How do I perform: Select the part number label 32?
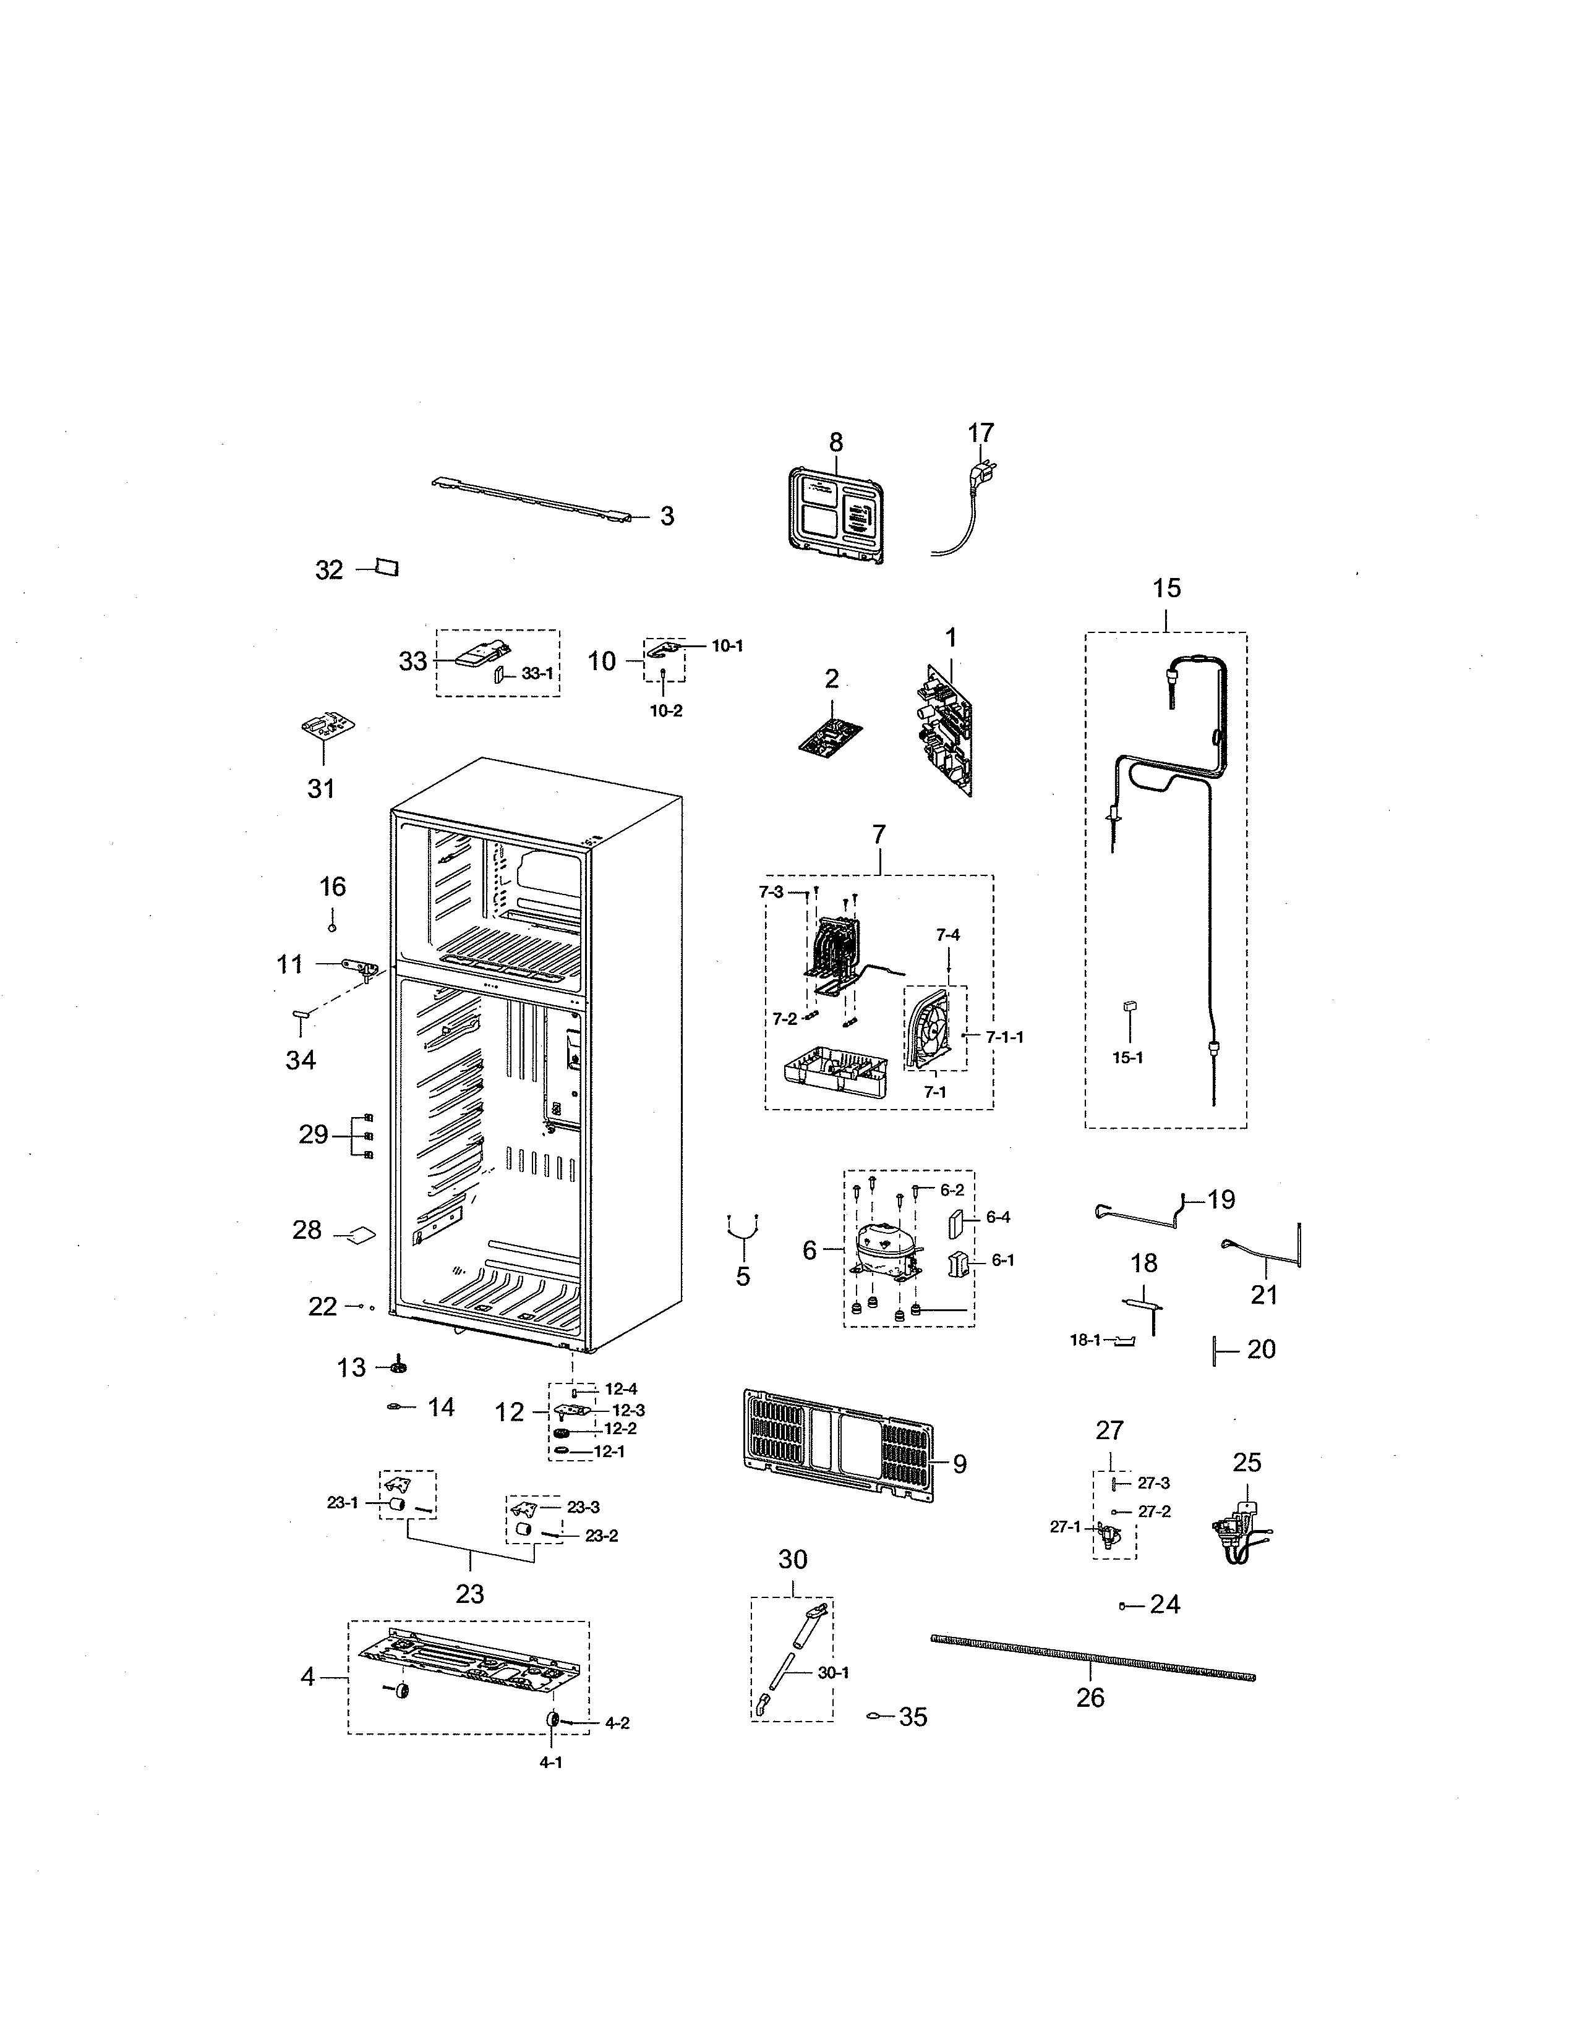[x=329, y=570]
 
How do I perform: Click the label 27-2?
[x=1154, y=1511]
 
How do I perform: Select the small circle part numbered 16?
[x=331, y=927]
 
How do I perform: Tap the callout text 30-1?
[x=834, y=1673]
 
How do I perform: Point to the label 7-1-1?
[x=1004, y=1037]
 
